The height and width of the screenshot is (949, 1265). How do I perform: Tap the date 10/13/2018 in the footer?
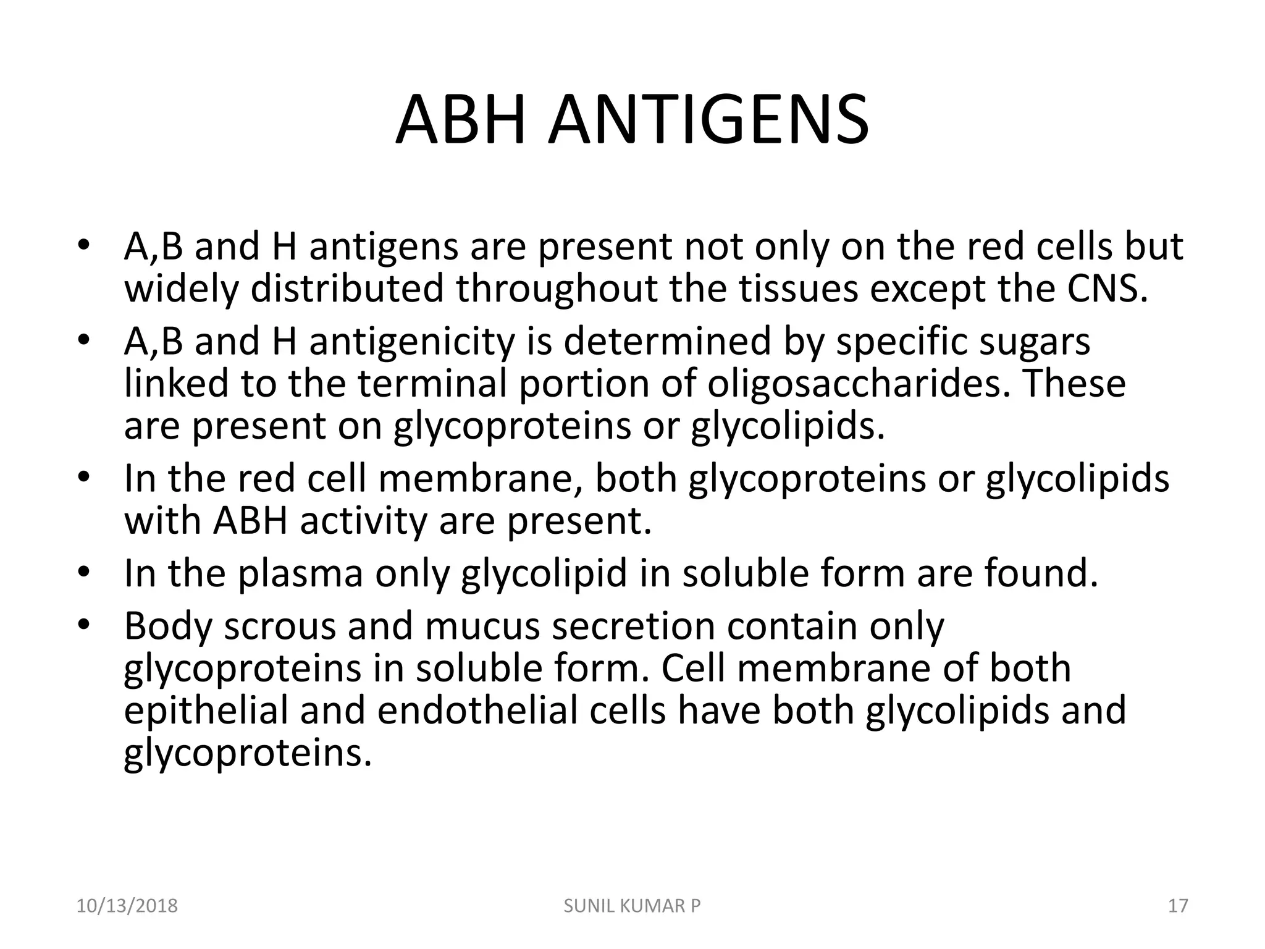point(127,906)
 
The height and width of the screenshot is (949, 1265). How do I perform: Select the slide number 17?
point(1178,906)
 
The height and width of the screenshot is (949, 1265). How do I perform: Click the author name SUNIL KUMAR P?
point(632,906)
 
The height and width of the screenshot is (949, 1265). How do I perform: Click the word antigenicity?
point(411,342)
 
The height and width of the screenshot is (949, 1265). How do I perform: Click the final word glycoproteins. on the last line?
point(248,753)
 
